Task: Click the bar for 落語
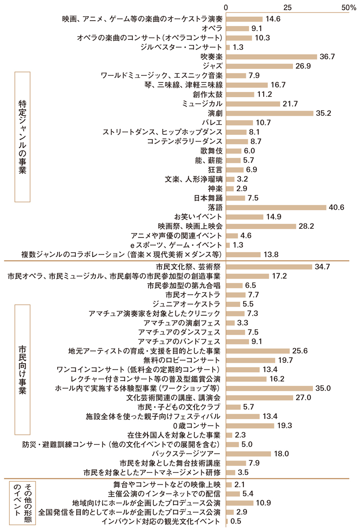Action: coord(276,207)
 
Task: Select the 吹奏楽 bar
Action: coord(271,56)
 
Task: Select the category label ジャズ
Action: coord(213,66)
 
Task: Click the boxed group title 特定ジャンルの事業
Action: coord(22,137)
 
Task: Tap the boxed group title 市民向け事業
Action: coord(22,369)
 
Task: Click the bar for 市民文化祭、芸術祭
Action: coord(269,267)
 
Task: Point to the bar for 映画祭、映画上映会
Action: coord(261,226)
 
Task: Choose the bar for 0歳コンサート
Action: coord(250,425)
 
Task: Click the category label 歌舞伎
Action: coord(213,151)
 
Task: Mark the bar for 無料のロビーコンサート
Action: coord(250,360)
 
